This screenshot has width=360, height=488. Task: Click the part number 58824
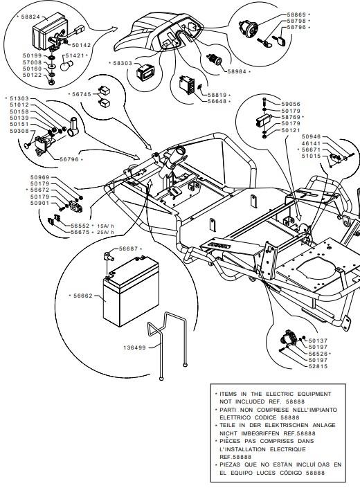[30, 17]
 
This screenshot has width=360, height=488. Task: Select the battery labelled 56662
[131, 291]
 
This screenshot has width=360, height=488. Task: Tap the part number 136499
[135, 347]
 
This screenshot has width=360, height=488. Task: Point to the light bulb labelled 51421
[67, 66]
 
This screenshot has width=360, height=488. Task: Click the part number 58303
[123, 63]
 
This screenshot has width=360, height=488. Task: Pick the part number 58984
[237, 71]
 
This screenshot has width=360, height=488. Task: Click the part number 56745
[82, 94]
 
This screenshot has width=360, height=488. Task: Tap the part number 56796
[69, 159]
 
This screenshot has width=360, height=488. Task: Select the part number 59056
[291, 105]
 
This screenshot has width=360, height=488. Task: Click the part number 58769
[291, 118]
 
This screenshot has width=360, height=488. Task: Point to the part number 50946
[311, 136]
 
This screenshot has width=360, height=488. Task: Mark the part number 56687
[129, 248]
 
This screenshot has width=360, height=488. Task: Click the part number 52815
[318, 367]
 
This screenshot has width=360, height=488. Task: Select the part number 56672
[40, 190]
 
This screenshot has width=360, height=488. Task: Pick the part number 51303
[19, 99]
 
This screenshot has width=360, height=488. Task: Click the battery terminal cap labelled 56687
[109, 257]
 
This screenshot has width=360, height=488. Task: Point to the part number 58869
[296, 15]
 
